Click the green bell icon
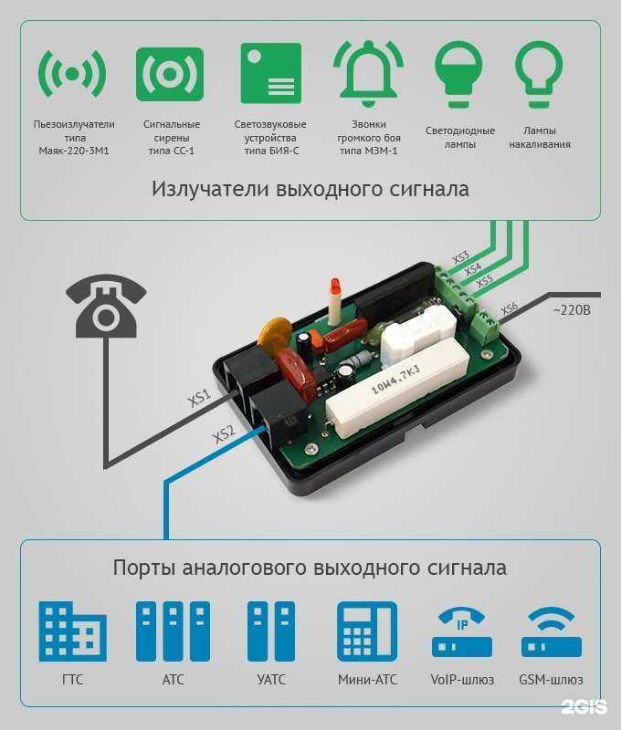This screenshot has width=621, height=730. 368,73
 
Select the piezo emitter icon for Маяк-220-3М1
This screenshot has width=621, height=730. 72,73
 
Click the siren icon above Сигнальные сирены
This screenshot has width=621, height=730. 170,74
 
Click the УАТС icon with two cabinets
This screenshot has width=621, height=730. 271,631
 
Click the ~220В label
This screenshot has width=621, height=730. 572,311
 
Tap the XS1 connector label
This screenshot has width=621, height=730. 200,399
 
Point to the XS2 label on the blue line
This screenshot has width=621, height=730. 224,434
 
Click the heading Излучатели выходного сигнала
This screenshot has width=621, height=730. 310,190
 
